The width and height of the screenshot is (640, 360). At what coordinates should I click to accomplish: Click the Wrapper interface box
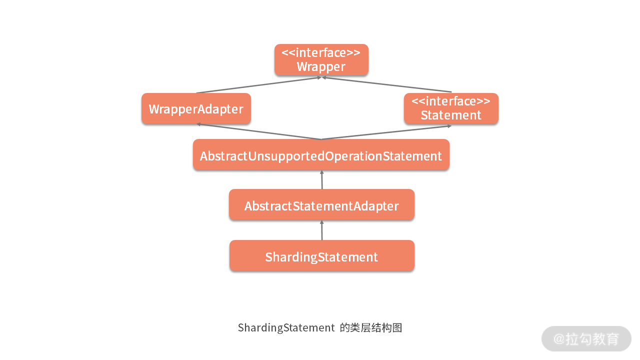pos(321,59)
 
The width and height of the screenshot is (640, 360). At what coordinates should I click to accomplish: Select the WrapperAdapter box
pos(196,108)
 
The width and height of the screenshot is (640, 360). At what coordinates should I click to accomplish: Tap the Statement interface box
pos(451,108)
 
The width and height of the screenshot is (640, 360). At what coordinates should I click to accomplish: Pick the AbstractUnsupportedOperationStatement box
pos(321,155)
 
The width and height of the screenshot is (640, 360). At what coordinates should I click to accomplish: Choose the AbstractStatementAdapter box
pos(321,205)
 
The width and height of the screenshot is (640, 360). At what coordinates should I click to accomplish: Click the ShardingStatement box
pos(321,256)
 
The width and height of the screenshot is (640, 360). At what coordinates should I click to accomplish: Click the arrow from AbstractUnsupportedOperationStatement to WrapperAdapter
pos(258,131)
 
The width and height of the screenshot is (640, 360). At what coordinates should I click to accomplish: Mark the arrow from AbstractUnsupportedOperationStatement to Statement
pos(386,132)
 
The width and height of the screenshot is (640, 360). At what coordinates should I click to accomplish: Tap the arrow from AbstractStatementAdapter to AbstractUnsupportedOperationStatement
pos(322,179)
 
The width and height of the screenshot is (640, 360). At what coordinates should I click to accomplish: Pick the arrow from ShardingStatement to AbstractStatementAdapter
pos(321,230)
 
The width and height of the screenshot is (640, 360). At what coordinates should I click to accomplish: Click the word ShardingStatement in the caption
pos(286,328)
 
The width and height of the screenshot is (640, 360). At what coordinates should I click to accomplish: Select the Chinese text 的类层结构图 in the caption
pos(370,328)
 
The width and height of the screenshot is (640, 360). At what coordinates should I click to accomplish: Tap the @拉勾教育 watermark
pos(586,339)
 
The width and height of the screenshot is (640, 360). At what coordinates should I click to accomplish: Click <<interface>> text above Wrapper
pos(321,52)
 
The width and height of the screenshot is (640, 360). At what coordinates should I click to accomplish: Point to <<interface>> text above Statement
pos(451,101)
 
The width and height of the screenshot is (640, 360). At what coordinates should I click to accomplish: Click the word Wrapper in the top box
pos(321,66)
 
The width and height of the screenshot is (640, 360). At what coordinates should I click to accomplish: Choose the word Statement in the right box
pos(451,115)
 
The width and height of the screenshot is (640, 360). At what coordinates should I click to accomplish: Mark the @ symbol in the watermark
pos(559,339)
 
